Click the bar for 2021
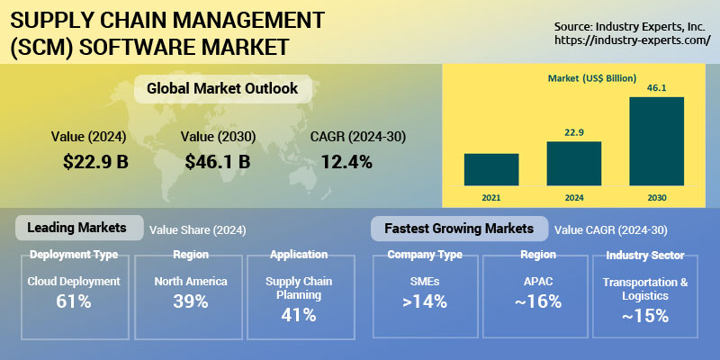point(491,169)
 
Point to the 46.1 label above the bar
point(656,87)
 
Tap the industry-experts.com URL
point(634,40)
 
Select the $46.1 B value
point(217,162)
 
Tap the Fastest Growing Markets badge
point(459,229)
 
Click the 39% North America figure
point(190,301)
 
